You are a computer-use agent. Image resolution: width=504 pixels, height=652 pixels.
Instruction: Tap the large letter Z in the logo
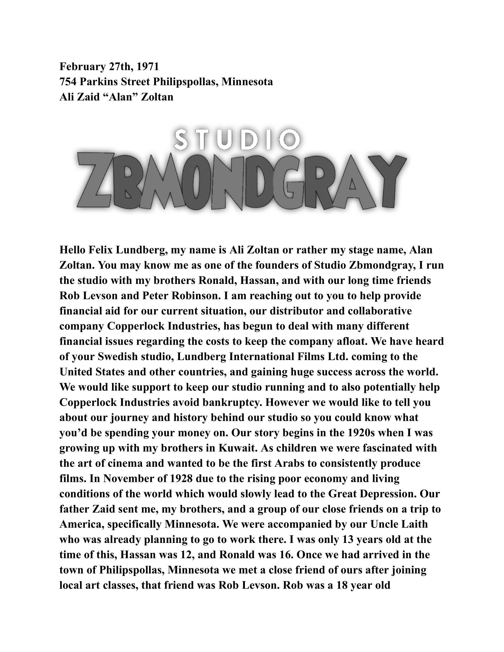pos(95,180)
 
